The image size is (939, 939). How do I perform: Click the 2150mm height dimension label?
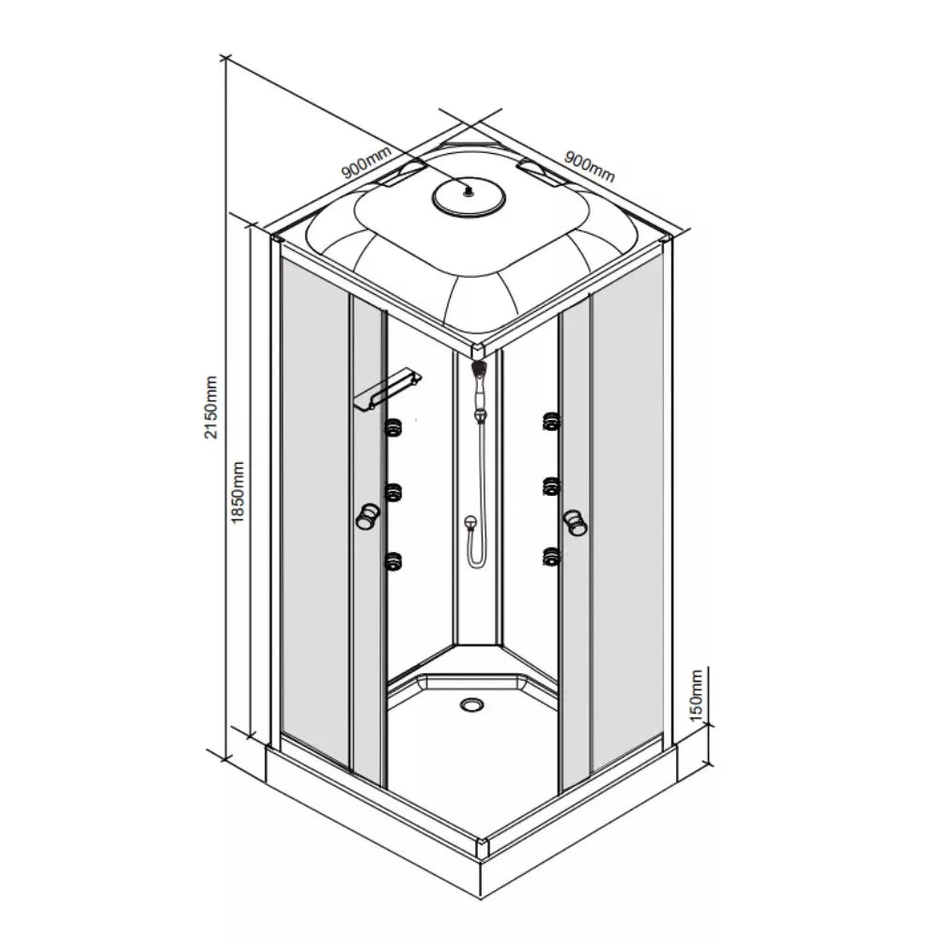pos(210,408)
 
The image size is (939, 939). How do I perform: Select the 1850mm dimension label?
pos(238,493)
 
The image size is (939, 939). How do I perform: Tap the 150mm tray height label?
pos(696,695)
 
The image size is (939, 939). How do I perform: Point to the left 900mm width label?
pos(366,162)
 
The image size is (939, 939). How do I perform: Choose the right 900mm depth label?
pos(590,165)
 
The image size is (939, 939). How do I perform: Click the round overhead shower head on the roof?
pos(469,196)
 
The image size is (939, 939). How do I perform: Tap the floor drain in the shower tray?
pos(472,704)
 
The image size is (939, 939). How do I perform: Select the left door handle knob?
pos(367,516)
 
